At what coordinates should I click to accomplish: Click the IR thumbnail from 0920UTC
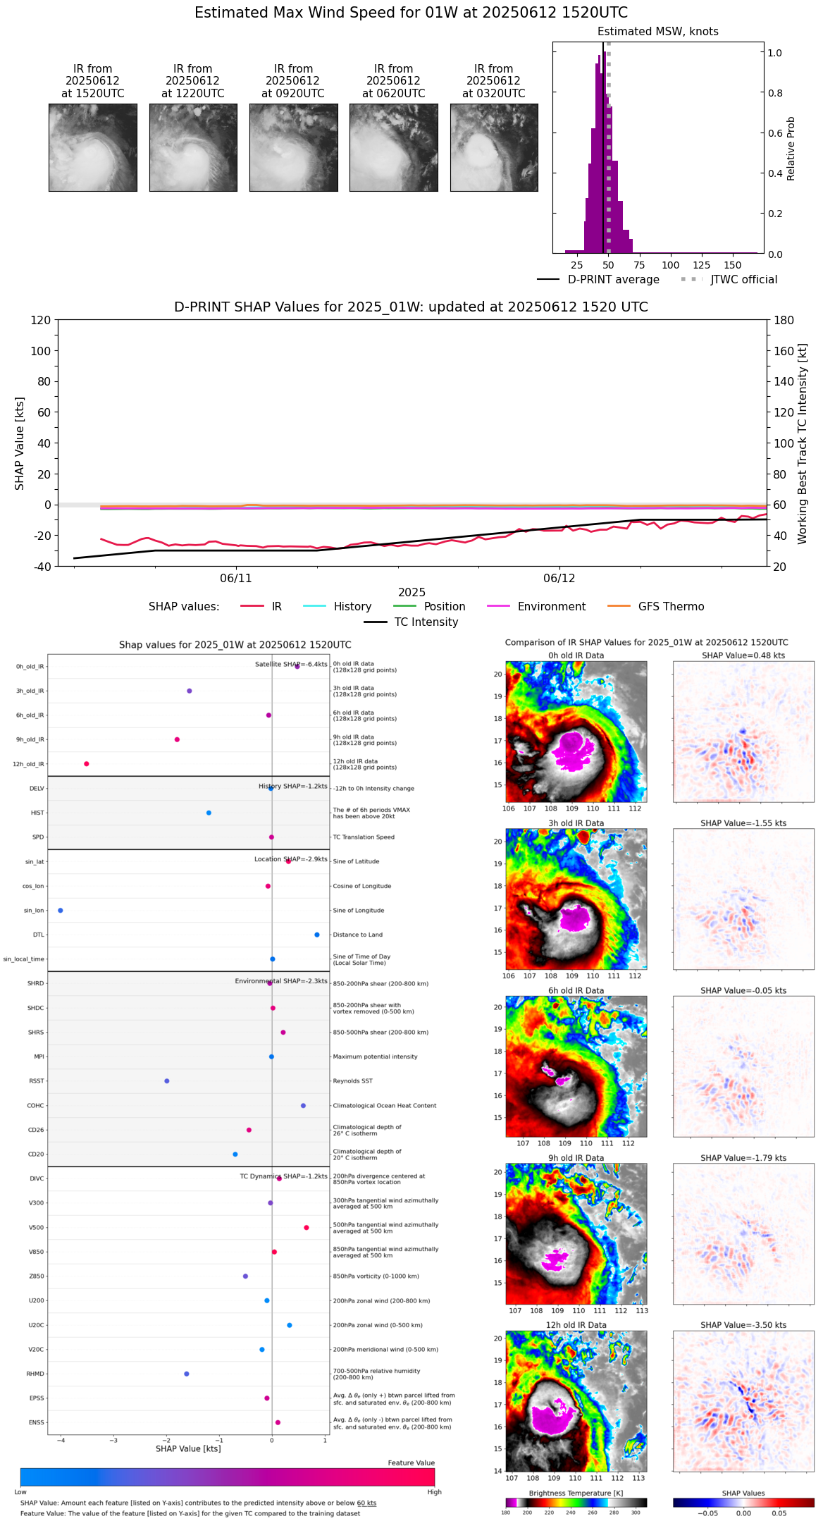tap(293, 147)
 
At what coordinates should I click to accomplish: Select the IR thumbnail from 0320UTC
tap(494, 147)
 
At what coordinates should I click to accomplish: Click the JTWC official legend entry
tap(743, 280)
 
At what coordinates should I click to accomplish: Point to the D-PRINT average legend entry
tap(613, 280)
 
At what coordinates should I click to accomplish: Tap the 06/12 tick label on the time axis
tap(559, 579)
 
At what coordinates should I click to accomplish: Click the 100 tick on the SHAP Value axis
tap(41, 351)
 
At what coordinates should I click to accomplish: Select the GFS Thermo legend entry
tap(671, 607)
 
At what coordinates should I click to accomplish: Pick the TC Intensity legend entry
tap(426, 622)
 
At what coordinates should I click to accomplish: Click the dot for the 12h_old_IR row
tap(87, 764)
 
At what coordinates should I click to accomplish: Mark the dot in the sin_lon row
tap(61, 911)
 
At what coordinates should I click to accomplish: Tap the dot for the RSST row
tap(167, 1081)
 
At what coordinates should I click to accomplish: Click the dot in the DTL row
tap(317, 935)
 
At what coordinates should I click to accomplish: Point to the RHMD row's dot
tap(187, 1374)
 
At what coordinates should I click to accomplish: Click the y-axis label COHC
tap(35, 1106)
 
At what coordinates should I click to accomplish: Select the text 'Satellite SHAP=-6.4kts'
tap(291, 665)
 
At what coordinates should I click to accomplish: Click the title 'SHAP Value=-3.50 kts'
tap(743, 1326)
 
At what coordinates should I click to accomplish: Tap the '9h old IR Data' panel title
tap(576, 1158)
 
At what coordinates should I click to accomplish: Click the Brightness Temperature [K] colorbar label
tap(576, 1494)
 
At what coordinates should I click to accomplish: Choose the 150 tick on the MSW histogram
tap(733, 266)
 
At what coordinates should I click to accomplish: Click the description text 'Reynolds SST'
tap(352, 1081)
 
